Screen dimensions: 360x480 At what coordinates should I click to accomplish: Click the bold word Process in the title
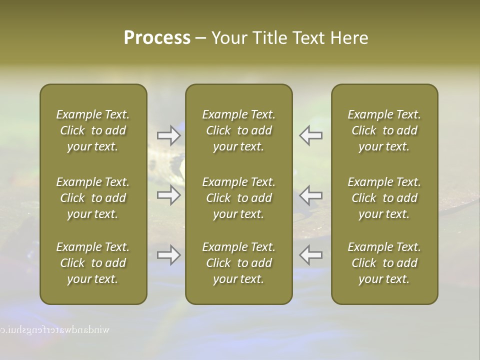tap(157, 38)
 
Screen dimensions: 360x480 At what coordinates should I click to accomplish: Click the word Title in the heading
tap(270, 38)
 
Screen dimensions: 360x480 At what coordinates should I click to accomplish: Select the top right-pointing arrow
tap(168, 135)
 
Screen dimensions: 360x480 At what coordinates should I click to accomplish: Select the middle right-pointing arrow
tap(168, 195)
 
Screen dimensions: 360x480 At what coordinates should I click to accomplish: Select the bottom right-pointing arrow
tap(168, 255)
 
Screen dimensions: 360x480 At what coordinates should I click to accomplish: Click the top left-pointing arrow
tap(311, 135)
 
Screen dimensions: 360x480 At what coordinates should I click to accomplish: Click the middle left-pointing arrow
tap(311, 195)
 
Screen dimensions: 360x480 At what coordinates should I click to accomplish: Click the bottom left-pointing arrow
tap(311, 255)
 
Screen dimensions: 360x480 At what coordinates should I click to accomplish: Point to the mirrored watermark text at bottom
tap(55, 330)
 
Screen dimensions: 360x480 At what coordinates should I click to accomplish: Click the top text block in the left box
tap(93, 130)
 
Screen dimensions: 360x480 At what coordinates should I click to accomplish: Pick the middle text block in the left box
tap(93, 198)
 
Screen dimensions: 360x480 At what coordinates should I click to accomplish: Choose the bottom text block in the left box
tap(93, 263)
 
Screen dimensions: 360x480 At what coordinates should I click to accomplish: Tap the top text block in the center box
tap(239, 130)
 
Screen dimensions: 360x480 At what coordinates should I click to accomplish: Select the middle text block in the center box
tap(239, 198)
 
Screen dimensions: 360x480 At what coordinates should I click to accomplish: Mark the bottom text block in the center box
tap(239, 263)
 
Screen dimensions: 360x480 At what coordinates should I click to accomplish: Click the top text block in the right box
tap(384, 130)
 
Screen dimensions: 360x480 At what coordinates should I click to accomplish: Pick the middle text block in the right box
tap(384, 198)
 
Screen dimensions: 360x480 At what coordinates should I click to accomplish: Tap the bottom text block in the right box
tap(384, 263)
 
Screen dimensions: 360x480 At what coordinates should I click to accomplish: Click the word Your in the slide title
tap(229, 38)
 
